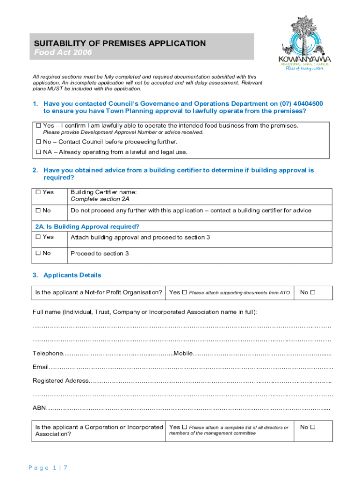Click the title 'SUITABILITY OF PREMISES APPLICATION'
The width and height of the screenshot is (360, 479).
pyautogui.click(x=120, y=44)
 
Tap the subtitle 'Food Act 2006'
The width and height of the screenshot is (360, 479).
pyautogui.click(x=63, y=53)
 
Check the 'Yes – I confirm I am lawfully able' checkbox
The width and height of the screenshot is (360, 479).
pyautogui.click(x=38, y=126)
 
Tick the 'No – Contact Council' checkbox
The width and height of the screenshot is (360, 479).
pyautogui.click(x=38, y=142)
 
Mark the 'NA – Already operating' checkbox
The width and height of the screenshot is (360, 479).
pyautogui.click(x=38, y=152)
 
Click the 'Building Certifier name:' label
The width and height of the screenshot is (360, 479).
pyautogui.click(x=103, y=192)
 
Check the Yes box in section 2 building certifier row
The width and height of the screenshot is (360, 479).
pyautogui.click(x=38, y=192)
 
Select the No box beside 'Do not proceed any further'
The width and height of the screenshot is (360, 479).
pyautogui.click(x=38, y=210)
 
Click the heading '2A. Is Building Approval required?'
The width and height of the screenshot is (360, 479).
pyautogui.click(x=87, y=227)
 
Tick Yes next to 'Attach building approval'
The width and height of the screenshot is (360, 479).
pyautogui.click(x=38, y=237)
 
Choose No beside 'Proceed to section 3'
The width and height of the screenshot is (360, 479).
pyautogui.click(x=38, y=254)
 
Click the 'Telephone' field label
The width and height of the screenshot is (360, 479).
pyautogui.click(x=47, y=353)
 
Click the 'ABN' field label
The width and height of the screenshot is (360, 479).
pyautogui.click(x=39, y=408)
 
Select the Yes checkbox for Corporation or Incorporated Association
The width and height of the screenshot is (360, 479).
pyautogui.click(x=184, y=427)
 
